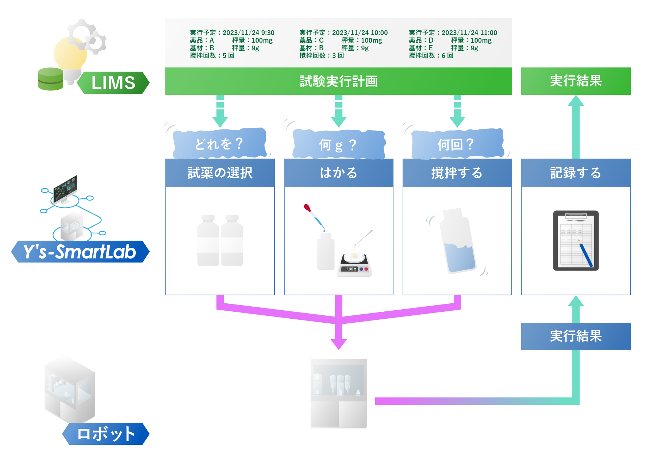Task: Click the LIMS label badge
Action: pos(113,83)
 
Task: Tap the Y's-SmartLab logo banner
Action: pos(80,252)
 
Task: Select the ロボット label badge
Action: pos(106,434)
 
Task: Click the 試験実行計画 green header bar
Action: pos(338,81)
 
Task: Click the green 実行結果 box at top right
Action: pos(576,81)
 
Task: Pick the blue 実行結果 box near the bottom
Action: pos(576,336)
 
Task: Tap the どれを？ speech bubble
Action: pos(219,144)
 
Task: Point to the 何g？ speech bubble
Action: pos(338,144)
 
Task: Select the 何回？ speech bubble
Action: pos(456,144)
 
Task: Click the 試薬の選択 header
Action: pos(220,173)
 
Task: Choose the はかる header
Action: pos(338,173)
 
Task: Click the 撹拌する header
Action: pos(457,173)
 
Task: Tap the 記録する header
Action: pos(576,173)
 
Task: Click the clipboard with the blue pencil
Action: pos(576,241)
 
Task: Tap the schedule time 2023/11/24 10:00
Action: pos(360,33)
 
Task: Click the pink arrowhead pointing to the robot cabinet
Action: pos(338,344)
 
